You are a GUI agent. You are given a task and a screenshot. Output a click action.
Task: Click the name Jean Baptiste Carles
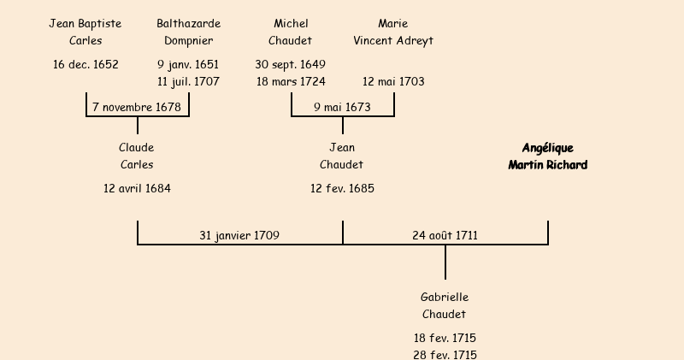85,32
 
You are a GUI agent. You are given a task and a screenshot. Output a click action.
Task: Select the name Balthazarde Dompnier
188,32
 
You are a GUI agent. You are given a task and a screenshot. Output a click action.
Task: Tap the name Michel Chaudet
291,32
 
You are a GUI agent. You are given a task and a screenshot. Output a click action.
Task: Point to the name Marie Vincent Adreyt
393,32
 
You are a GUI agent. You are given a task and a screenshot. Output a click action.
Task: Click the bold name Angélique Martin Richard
547,156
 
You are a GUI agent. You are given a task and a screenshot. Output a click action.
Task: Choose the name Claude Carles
137,156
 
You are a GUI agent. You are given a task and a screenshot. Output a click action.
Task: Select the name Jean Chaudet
342,156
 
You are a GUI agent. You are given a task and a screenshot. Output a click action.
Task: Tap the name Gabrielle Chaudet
445,306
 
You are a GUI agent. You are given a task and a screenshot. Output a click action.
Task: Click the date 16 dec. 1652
85,64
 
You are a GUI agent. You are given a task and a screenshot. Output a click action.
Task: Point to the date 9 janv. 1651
188,64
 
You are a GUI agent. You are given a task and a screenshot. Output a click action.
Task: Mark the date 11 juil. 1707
188,82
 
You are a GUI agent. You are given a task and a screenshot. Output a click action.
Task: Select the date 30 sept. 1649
291,64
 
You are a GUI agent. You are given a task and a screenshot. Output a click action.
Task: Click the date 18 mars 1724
291,82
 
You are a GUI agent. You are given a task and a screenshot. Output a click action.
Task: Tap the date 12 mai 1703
393,82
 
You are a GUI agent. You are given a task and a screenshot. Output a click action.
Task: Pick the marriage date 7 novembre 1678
137,108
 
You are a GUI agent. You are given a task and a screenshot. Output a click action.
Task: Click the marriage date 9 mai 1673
342,108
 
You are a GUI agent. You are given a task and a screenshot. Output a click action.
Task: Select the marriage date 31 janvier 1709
239,235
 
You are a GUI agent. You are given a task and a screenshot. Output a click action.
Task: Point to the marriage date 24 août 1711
445,235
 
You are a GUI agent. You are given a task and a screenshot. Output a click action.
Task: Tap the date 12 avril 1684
137,188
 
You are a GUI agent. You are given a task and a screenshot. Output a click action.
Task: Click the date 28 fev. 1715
445,355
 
